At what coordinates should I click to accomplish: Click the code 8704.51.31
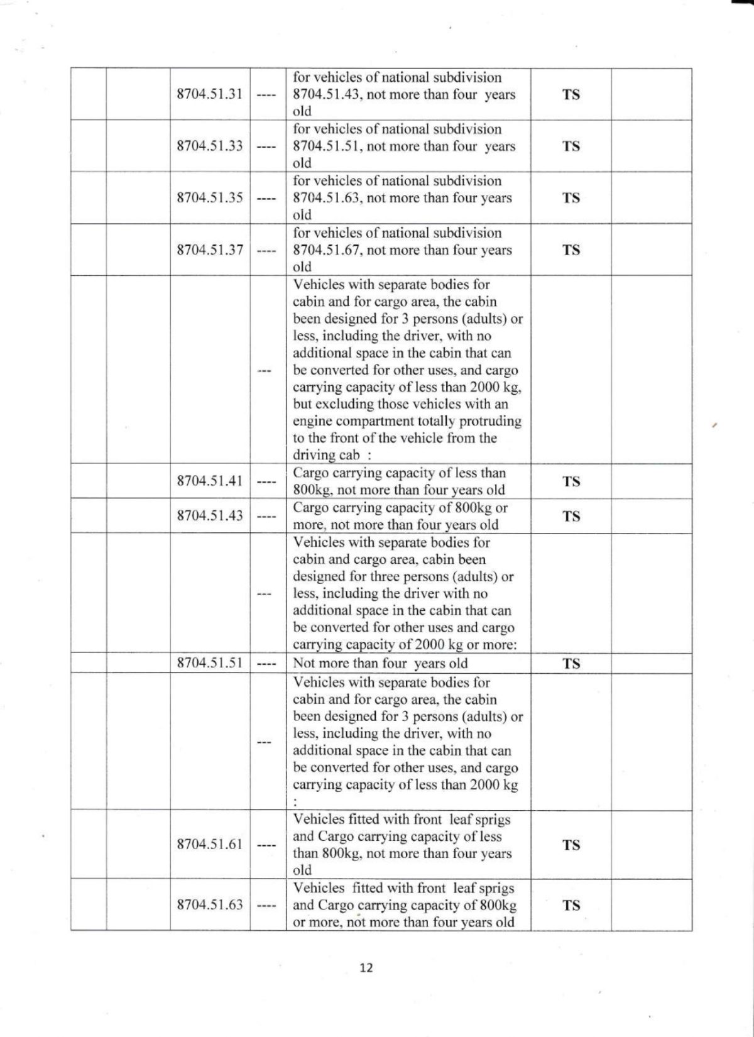pos(209,94)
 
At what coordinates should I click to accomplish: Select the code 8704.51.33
pos(209,146)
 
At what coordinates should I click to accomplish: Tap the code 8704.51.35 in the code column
pos(209,198)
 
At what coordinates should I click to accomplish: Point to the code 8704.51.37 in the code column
pos(209,250)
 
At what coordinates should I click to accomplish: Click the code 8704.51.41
pos(209,481)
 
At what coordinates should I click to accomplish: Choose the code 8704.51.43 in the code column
pos(209,516)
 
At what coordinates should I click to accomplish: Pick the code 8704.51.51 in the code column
pos(209,663)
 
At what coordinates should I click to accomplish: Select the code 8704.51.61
pos(209,844)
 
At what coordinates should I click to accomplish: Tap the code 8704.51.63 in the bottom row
pos(209,905)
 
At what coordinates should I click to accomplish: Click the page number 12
pos(366,968)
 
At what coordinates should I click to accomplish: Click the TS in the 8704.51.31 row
pos(571,95)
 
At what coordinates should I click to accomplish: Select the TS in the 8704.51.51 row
pos(571,664)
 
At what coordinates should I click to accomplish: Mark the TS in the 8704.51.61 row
pos(571,845)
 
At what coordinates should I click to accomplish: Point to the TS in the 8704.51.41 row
pos(571,482)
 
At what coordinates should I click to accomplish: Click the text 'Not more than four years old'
pos(380,663)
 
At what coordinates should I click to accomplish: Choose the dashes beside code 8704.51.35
pos(266,199)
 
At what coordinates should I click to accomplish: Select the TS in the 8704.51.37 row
pos(571,250)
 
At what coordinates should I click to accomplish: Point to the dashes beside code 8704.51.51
pos(266,664)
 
